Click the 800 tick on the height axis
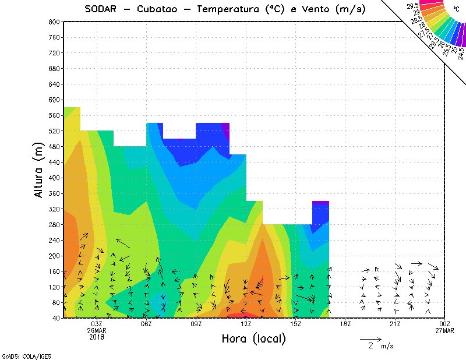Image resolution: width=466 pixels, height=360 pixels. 54,22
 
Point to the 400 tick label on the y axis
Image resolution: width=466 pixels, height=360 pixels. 54,178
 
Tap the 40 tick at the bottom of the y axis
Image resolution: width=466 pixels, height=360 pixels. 56,318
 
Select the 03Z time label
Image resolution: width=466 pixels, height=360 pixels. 97,324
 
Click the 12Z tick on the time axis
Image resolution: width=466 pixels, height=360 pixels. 246,324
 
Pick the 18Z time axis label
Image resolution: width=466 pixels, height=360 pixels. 345,324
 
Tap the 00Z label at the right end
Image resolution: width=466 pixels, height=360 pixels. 445,324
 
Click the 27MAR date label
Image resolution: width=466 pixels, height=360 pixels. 445,331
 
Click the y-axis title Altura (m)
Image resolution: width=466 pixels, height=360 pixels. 39,170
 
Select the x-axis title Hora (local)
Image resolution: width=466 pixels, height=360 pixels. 253,338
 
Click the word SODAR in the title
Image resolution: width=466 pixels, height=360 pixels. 100,9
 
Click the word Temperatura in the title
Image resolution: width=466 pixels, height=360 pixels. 229,9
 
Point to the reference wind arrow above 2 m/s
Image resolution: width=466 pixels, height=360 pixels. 370,338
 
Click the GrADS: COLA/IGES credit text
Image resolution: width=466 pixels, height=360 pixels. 22,355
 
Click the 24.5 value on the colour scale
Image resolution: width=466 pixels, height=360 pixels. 461,52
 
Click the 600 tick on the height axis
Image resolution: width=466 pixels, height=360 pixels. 54,100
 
